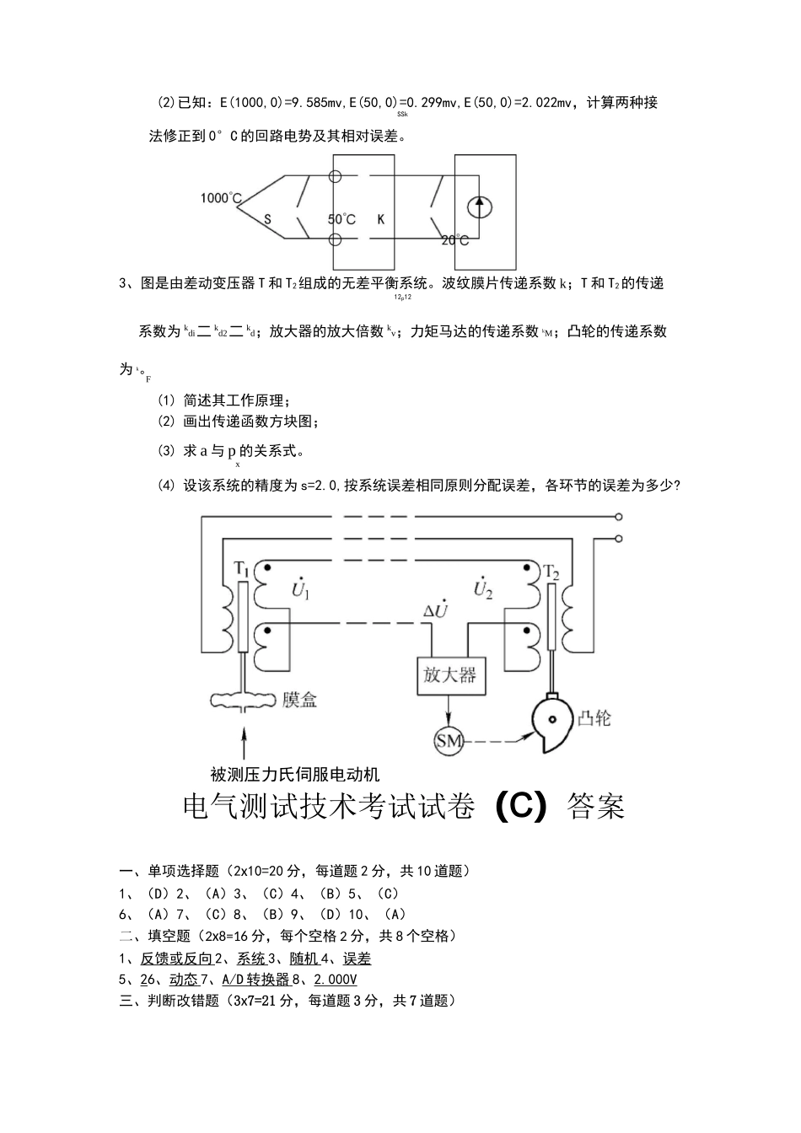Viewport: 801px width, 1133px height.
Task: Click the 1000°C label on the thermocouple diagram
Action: click(x=221, y=198)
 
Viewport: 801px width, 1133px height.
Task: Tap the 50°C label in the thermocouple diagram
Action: click(x=341, y=219)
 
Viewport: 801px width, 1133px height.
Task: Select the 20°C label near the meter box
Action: click(x=455, y=240)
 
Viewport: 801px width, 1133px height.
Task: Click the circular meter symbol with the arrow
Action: click(x=480, y=207)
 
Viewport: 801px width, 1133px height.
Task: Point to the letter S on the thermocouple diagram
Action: click(x=267, y=219)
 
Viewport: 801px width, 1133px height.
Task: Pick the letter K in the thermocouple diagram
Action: click(x=381, y=219)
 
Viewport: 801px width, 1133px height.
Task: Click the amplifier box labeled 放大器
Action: click(x=451, y=674)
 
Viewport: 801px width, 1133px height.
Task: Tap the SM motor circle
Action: click(x=449, y=741)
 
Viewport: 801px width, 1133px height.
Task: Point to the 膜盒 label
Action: click(x=300, y=699)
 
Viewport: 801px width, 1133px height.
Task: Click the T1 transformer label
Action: click(x=241, y=569)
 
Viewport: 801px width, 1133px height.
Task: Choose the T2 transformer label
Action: click(x=552, y=572)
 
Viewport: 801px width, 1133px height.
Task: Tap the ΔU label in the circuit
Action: click(x=440, y=610)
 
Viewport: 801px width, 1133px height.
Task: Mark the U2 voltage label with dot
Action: click(x=482, y=589)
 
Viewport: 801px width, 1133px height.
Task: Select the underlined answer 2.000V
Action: click(x=336, y=980)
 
